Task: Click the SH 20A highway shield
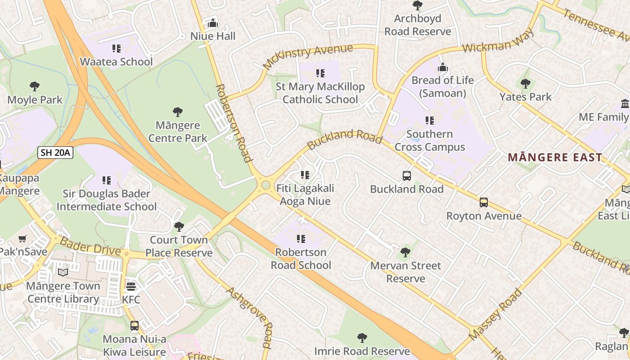pos(55,153)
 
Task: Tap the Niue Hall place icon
pos(213,23)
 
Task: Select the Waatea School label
pos(116,62)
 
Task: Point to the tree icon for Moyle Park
pos(35,86)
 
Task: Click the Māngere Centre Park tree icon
pos(178,112)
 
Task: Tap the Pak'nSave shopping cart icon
pos(22,238)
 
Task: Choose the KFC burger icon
pos(131,286)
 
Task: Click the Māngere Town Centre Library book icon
pos(63,272)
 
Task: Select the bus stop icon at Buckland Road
pos(406,175)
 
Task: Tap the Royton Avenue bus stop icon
pos(484,202)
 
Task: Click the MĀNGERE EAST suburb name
pos(554,157)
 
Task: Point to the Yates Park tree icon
pos(525,84)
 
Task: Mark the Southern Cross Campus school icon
pos(430,121)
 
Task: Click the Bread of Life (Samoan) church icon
pos(443,67)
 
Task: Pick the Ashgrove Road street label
pos(250,317)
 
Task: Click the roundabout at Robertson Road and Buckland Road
pos(265,185)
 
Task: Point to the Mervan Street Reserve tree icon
pos(405,252)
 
